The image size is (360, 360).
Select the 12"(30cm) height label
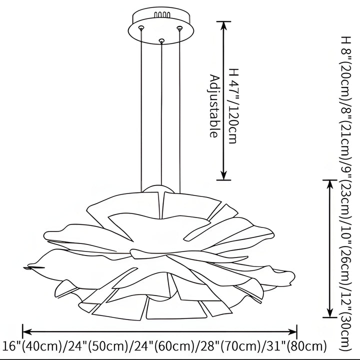point(344,320)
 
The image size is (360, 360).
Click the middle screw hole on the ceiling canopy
point(160,40)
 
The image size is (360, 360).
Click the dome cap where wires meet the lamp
point(159,189)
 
